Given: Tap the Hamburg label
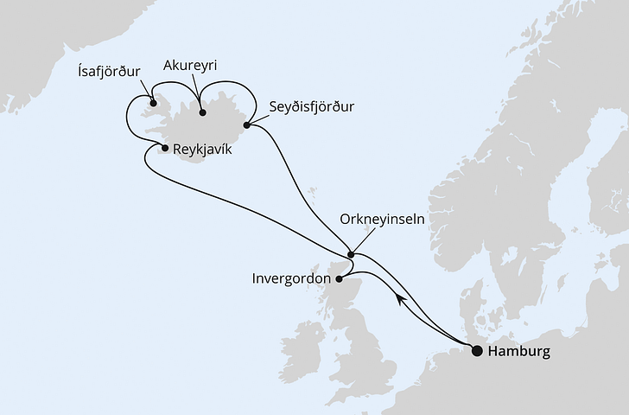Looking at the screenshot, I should point(519,352).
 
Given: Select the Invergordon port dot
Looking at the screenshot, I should point(339,278).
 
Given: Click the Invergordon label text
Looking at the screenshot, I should point(290,279).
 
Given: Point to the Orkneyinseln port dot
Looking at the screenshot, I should point(350,254).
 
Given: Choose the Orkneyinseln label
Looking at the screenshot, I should point(383,220).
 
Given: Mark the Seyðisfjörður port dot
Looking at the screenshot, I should point(246,126).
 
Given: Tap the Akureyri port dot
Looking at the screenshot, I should point(201,112).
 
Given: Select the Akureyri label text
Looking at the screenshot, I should point(192,65).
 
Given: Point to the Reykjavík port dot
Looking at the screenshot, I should point(165,148).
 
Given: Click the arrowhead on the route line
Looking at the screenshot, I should point(400,298).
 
